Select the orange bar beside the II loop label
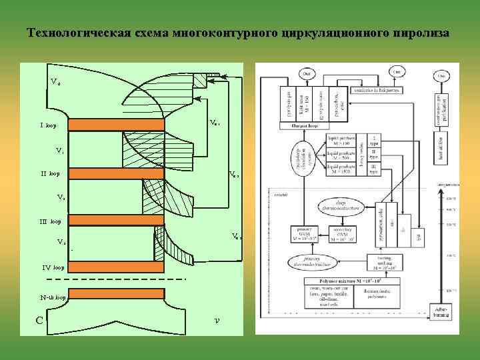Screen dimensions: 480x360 (116, 173)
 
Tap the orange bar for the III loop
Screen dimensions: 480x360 (116, 220)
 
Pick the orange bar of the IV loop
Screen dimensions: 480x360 (116, 267)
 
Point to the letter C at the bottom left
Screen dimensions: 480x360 (40, 320)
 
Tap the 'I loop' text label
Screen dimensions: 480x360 (48, 125)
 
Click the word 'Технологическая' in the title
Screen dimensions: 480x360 (73, 33)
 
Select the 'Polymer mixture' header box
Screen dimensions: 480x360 (344, 282)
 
